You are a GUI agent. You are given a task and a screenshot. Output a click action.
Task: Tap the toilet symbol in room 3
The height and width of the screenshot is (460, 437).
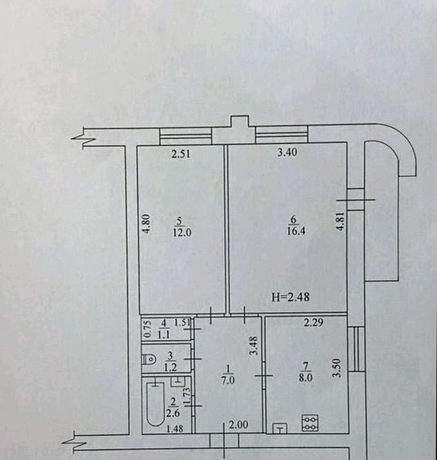pos(149,359)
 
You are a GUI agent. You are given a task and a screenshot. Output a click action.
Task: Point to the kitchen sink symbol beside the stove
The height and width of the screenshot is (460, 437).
pos(280,429)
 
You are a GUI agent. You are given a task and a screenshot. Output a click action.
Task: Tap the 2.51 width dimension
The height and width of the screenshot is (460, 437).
pos(180,155)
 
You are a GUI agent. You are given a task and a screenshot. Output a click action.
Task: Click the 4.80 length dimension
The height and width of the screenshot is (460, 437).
pos(146,225)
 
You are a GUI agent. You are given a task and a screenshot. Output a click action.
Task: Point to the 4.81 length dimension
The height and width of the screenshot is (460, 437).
pos(339,227)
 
